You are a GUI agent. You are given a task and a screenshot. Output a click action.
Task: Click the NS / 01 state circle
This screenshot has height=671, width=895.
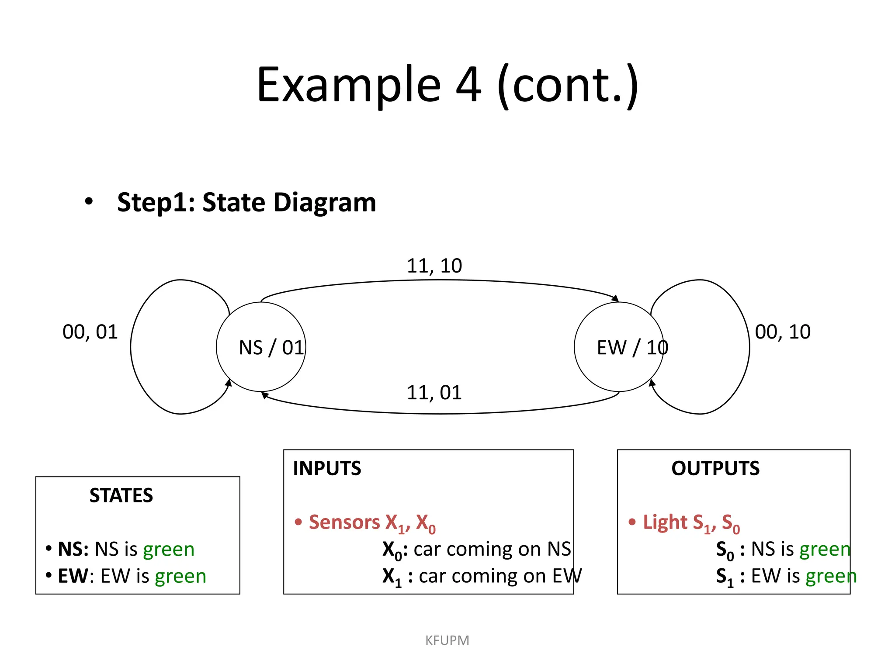coord(261,347)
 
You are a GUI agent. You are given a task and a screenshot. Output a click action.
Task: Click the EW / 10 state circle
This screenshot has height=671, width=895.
coord(619,347)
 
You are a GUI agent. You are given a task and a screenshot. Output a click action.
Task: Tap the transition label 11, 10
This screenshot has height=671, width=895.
coord(434,266)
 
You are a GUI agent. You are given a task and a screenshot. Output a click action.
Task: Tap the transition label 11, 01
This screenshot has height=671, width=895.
coord(434,393)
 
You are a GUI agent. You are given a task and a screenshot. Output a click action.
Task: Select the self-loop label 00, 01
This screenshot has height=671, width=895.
coord(90,332)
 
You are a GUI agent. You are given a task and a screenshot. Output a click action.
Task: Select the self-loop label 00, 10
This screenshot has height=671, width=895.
coord(783,332)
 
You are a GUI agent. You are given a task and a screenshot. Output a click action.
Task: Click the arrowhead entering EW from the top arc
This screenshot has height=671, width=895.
coord(616,299)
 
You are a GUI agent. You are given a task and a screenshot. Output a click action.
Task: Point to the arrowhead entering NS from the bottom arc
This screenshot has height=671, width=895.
coord(264,395)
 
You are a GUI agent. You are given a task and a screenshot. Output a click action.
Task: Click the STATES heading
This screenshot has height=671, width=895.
coord(121,495)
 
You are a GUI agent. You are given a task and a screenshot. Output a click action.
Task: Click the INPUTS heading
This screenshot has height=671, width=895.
coord(327,468)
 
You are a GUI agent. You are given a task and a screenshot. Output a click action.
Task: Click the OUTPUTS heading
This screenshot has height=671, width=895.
coord(715,468)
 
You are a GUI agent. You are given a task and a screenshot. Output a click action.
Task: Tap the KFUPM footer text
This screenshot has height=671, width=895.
coord(447,640)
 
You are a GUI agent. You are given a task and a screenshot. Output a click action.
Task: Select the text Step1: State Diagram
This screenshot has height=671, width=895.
coord(246,202)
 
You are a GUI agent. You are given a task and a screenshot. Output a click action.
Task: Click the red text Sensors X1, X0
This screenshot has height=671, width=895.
coord(371,523)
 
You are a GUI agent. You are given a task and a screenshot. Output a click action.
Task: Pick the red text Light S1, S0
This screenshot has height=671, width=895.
coord(691,523)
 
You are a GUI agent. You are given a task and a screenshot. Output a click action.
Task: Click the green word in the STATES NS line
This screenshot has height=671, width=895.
coord(169,550)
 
